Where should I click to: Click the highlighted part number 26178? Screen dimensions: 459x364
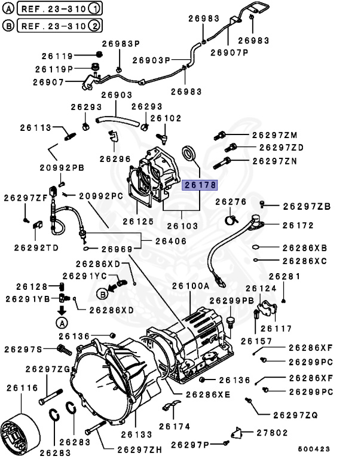(200, 185)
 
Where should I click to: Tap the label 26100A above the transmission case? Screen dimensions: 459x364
(190, 286)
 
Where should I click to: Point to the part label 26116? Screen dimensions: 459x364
(21, 388)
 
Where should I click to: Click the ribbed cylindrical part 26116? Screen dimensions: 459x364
(20, 429)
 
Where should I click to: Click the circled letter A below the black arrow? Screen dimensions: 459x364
(61, 323)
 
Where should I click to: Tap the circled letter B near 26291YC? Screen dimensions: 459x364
(102, 293)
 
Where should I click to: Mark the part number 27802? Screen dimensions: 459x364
(272, 432)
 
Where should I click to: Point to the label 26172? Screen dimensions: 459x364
(298, 226)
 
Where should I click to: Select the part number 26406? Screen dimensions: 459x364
(170, 241)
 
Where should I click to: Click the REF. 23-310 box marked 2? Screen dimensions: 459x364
(59, 26)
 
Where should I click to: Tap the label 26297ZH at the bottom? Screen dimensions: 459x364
(139, 449)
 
